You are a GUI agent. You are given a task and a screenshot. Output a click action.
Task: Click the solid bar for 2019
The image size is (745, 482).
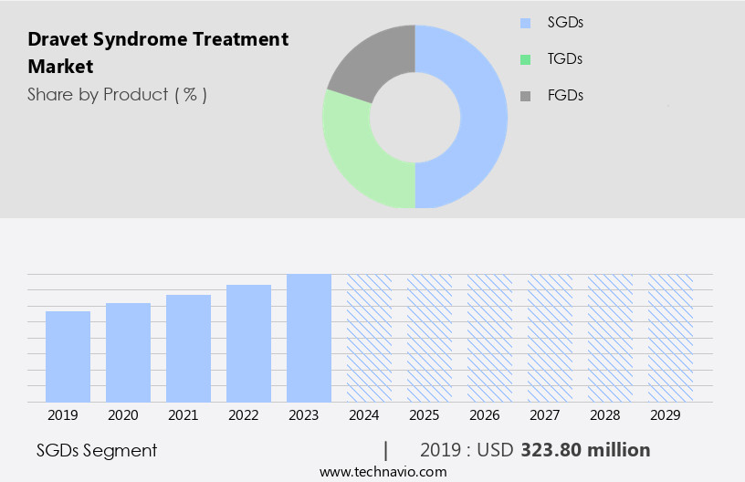(68, 356)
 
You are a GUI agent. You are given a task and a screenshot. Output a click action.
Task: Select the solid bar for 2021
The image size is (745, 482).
(188, 348)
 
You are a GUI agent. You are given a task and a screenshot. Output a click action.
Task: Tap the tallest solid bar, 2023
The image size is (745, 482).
(309, 338)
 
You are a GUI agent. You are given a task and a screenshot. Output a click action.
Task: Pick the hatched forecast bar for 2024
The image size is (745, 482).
(369, 338)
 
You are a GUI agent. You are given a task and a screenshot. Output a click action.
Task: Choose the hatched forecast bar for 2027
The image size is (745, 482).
(550, 338)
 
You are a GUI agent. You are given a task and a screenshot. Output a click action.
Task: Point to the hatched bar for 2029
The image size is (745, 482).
(670, 338)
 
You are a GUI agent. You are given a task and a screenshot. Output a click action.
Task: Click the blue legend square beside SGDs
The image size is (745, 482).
(524, 23)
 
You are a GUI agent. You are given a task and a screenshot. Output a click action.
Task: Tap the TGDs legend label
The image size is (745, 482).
(565, 59)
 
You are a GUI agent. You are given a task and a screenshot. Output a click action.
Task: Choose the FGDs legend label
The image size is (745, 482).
(565, 95)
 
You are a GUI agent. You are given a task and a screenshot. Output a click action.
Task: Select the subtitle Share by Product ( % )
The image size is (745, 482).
(117, 94)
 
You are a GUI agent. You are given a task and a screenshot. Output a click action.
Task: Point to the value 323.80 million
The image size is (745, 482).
(585, 450)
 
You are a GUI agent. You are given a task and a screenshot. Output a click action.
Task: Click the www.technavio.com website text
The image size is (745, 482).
(383, 472)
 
